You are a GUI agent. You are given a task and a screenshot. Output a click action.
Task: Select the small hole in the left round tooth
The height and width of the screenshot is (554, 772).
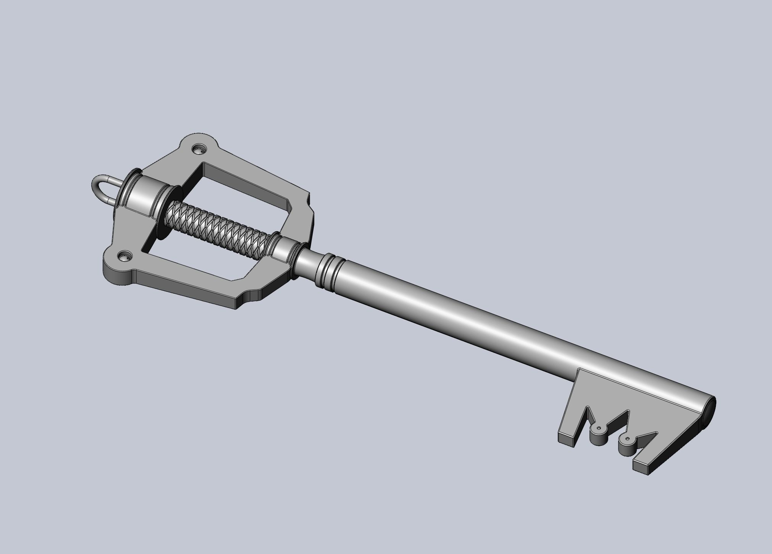[x=599, y=427]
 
